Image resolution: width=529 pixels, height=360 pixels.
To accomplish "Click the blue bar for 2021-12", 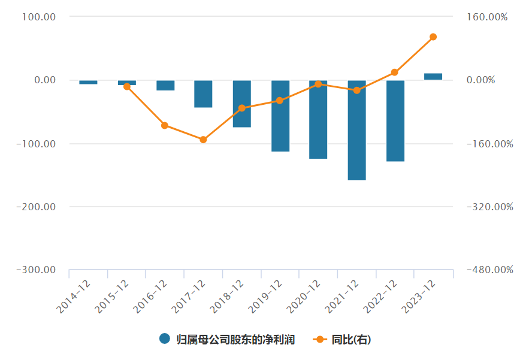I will (356, 130).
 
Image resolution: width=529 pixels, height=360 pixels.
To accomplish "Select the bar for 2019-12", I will (280, 116).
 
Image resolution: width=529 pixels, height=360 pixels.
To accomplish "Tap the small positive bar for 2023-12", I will (433, 77).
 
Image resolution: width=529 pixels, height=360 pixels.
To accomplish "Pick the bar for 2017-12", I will (203, 94).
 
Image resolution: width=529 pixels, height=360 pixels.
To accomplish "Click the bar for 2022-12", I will (395, 120).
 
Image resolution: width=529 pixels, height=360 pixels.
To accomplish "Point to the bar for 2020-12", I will (318, 119).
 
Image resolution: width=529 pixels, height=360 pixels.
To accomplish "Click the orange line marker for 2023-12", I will (433, 37).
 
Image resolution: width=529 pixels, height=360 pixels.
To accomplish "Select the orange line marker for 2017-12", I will (203, 140).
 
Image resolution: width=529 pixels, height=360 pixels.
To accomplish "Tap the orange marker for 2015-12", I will (127, 86).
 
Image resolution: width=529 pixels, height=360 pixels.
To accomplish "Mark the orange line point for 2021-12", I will (356, 90).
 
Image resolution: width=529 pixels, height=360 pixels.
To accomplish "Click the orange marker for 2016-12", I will (165, 125).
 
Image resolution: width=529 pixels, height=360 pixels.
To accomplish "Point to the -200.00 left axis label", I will (37, 207).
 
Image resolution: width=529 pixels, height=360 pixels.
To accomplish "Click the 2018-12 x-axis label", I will (228, 297).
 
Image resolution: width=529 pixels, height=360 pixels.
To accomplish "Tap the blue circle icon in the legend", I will (165, 339).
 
